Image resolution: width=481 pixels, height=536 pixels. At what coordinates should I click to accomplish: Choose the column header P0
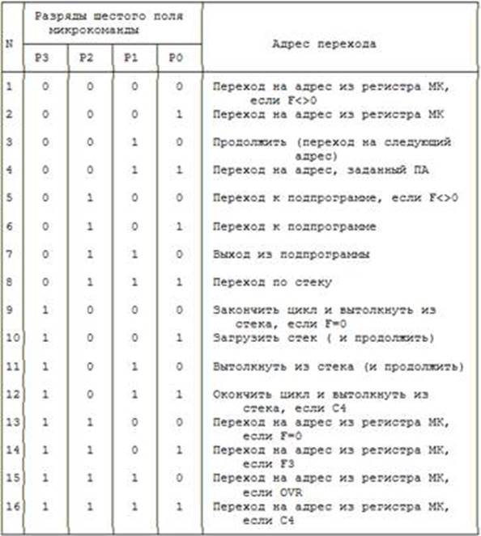click(177, 59)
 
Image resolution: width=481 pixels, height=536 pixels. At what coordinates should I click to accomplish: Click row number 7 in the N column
click(9, 255)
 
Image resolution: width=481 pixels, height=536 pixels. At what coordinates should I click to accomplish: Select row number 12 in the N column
click(11, 395)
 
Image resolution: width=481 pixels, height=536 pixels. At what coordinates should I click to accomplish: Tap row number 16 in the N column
click(11, 508)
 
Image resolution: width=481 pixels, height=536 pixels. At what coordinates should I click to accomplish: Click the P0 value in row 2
click(177, 114)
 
